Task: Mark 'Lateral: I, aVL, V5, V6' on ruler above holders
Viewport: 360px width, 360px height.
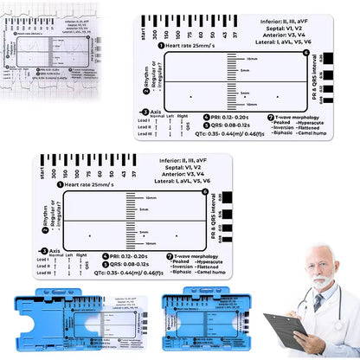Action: (196, 181)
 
